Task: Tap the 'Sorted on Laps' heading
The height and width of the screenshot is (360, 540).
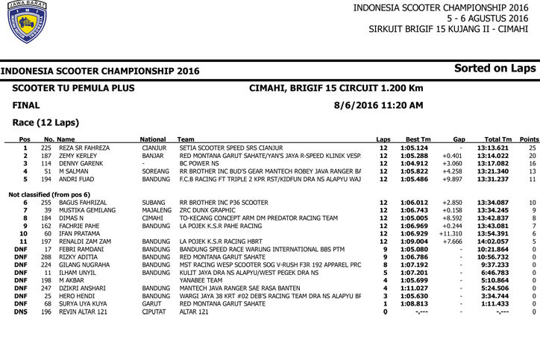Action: [x=495, y=69]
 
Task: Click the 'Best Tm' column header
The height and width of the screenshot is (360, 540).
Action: [x=418, y=139]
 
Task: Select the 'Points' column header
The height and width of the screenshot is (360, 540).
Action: [x=529, y=139]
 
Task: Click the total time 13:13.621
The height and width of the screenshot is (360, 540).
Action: [x=493, y=148]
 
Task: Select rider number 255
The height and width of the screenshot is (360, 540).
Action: [x=46, y=203]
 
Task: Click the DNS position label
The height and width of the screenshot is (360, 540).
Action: [x=21, y=312]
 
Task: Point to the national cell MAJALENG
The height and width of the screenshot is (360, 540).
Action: [x=157, y=210]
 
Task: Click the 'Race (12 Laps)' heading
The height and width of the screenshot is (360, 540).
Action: [x=45, y=122]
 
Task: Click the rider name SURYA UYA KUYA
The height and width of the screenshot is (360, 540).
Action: [x=83, y=304]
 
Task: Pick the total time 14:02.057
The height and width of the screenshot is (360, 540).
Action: [x=493, y=241]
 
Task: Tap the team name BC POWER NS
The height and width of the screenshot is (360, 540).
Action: [x=201, y=164]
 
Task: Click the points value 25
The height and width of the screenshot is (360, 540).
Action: [x=532, y=148]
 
